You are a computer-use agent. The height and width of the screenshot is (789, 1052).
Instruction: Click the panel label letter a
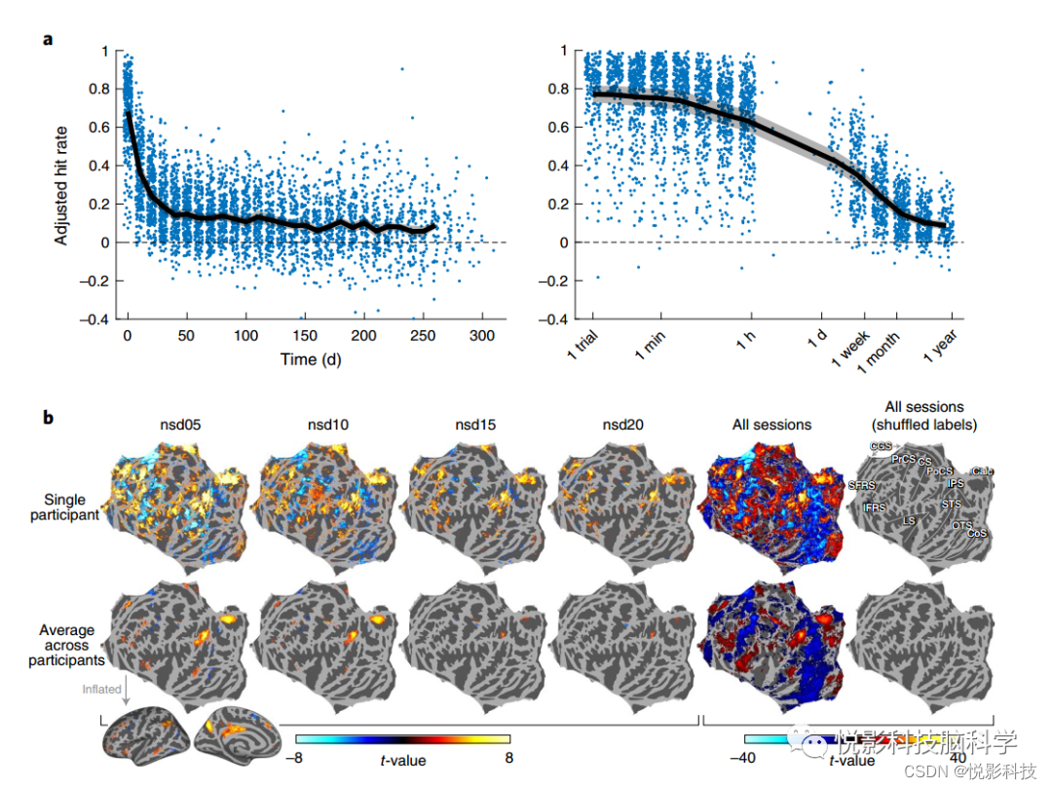coord(47,40)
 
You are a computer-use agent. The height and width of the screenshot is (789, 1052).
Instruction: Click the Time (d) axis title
coord(311,359)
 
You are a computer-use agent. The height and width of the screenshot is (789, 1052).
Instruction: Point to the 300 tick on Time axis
coord(481,335)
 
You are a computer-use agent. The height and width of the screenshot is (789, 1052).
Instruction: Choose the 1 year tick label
coord(941,349)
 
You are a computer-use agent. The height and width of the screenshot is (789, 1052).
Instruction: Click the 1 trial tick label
coord(582,349)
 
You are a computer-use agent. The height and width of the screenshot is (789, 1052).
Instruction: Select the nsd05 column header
coord(180,425)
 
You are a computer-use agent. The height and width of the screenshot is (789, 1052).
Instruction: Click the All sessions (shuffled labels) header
coord(922,415)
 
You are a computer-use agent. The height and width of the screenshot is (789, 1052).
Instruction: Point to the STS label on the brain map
coord(951,504)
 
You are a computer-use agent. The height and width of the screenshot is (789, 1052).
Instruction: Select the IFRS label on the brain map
coord(874,507)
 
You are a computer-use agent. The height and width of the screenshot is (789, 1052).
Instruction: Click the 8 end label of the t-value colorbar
coord(509,757)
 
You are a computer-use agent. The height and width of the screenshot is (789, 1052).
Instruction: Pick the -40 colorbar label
coord(744,757)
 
